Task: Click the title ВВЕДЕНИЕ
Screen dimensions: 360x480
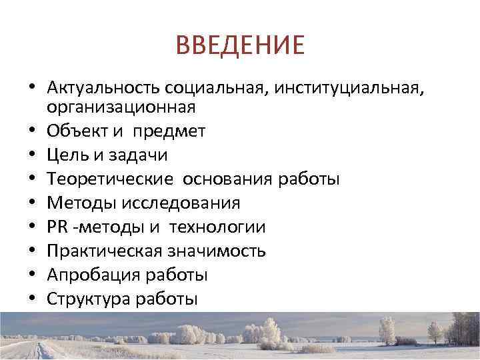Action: pos(240,45)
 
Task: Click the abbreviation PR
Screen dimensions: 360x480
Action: pos(57,227)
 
